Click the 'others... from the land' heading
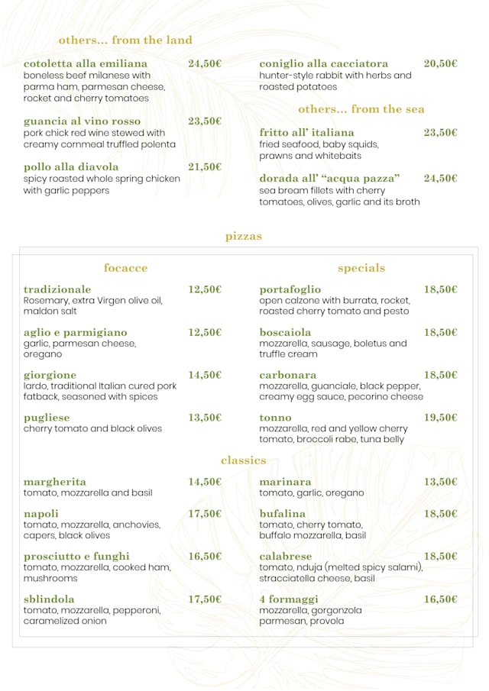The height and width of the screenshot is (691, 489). (125, 40)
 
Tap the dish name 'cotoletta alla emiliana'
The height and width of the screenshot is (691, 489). (86, 63)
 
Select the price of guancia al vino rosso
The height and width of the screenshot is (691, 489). (205, 121)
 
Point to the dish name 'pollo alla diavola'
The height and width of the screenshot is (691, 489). (71, 167)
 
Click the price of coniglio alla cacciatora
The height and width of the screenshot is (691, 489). (441, 63)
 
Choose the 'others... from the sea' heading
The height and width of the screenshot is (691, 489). (361, 109)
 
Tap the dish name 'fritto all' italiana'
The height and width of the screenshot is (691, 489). (306, 133)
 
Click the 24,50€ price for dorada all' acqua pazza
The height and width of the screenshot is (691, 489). (441, 179)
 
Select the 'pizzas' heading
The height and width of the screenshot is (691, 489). (244, 237)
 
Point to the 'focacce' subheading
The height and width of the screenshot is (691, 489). (125, 268)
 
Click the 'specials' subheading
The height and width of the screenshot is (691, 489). (361, 268)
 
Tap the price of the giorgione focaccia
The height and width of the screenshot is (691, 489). (205, 375)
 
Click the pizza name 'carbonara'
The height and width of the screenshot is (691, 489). (287, 375)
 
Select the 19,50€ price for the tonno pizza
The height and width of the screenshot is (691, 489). (441, 418)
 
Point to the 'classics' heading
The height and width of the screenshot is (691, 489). (244, 460)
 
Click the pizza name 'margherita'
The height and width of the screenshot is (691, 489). (55, 482)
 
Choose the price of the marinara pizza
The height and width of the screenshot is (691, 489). (441, 482)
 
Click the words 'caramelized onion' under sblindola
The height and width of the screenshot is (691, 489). (65, 622)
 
